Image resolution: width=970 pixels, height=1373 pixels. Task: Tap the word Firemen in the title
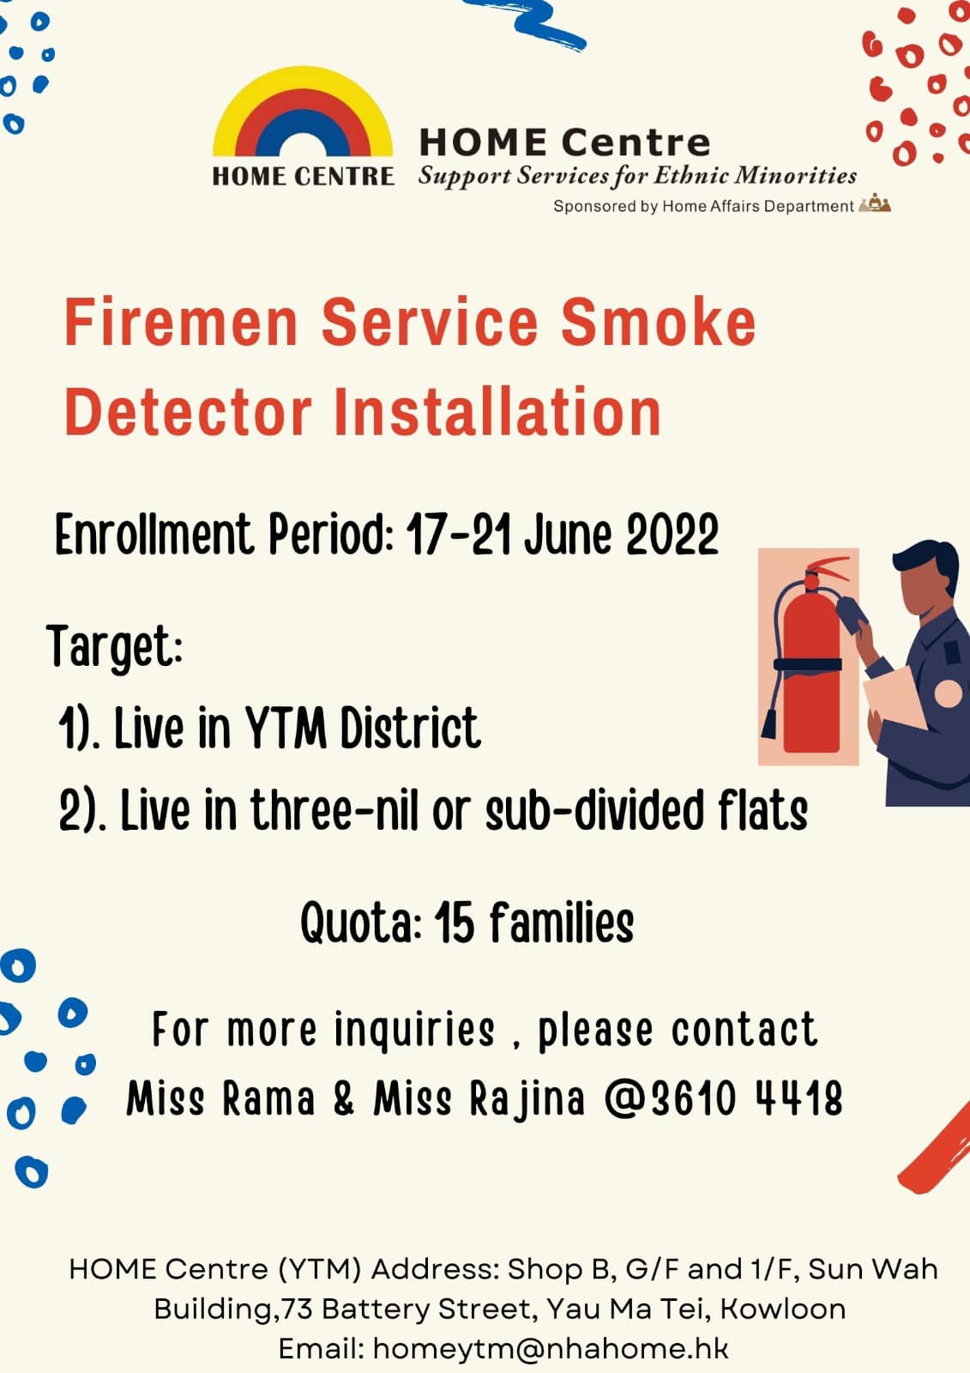(x=181, y=323)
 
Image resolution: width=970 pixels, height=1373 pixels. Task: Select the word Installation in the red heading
(x=497, y=411)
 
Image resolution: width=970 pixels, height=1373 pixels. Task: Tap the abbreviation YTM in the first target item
(x=286, y=728)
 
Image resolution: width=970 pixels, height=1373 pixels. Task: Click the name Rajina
(x=527, y=1098)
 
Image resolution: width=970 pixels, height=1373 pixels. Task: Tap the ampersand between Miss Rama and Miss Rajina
(x=345, y=1098)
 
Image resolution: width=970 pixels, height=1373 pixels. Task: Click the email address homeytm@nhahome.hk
(x=551, y=1348)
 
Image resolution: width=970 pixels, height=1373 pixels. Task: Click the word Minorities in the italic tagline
(x=796, y=175)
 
